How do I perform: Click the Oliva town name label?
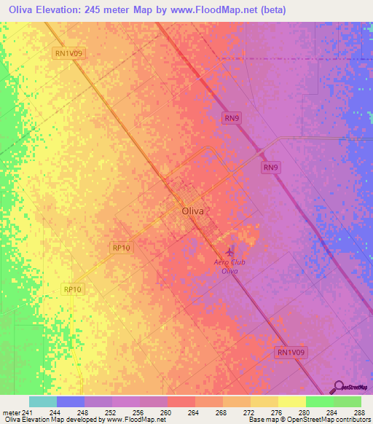[192, 211]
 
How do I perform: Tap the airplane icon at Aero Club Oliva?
[232, 252]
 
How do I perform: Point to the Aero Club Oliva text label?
[231, 266]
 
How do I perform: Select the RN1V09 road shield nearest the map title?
[69, 53]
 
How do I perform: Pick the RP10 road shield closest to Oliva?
[122, 248]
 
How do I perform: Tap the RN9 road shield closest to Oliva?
[271, 168]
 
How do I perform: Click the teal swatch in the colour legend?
[43, 401]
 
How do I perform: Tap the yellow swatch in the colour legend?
[291, 401]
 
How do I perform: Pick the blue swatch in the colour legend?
[71, 401]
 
